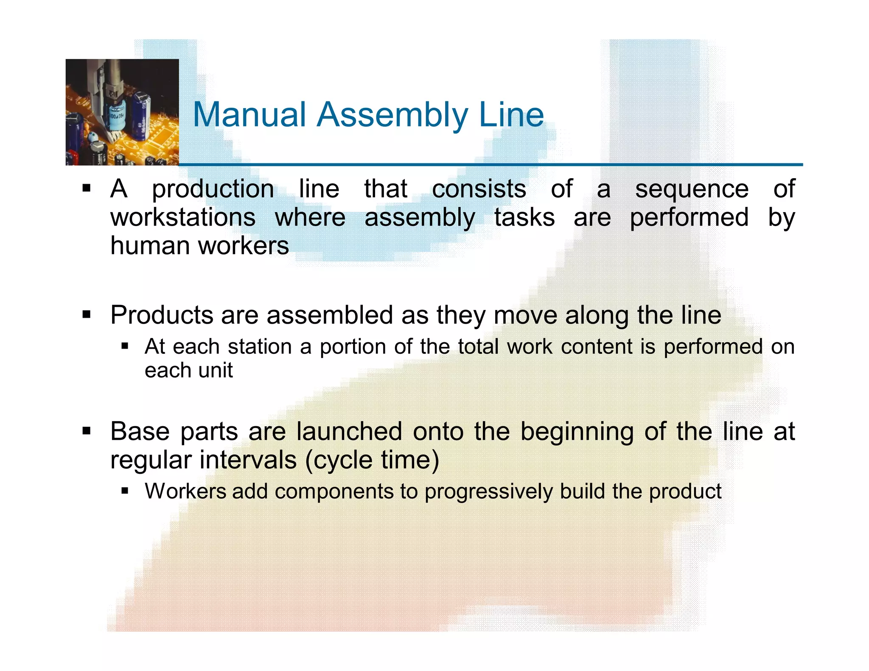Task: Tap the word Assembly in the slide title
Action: [392, 115]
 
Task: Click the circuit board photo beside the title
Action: [122, 112]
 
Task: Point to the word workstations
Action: [183, 218]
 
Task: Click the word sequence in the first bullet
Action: [691, 189]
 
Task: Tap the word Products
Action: [162, 315]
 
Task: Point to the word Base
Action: [140, 431]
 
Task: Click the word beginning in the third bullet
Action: [577, 432]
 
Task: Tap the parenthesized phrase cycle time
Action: [372, 460]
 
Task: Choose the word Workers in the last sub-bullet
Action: [185, 491]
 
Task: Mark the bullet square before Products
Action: [87, 315]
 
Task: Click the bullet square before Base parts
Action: [87, 431]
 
